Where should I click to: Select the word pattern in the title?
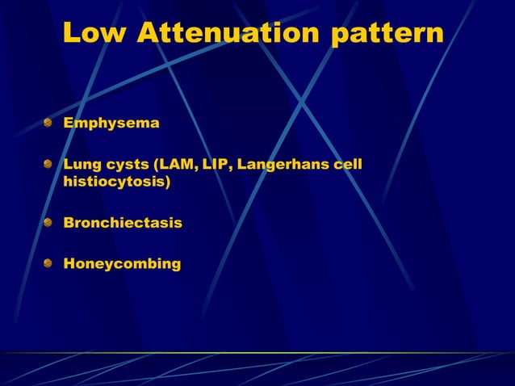pos(387,33)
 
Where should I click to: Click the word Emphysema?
pos(111,124)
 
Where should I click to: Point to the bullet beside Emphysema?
pos(49,124)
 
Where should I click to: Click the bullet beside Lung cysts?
pos(49,166)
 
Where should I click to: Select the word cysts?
pos(128,166)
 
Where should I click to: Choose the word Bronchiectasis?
pos(123,222)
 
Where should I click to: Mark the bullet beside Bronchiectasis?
pos(49,222)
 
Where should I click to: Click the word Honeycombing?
pos(122,263)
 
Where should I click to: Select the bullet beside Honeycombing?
pos(49,263)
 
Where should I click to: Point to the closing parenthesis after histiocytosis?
pos(168,183)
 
